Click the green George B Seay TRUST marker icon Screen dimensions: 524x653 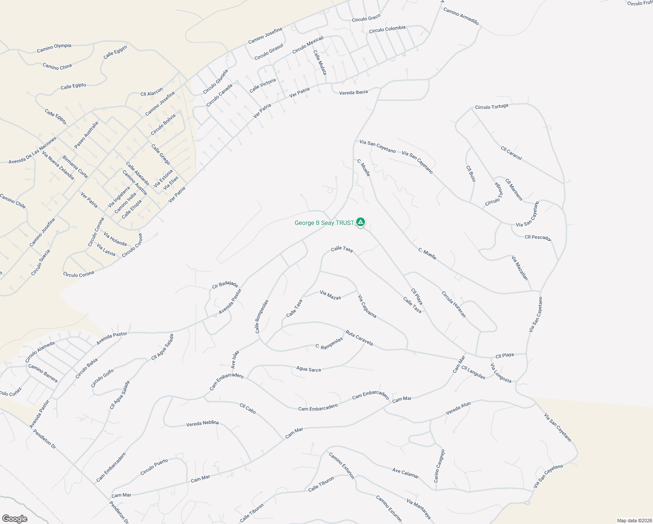click(x=360, y=223)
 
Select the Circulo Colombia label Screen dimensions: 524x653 click(x=387, y=29)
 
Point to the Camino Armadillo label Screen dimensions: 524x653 click(x=461, y=16)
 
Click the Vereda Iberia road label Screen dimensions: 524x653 click(x=354, y=92)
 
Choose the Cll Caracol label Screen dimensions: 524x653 click(x=511, y=153)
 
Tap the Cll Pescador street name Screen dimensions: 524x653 click(x=538, y=238)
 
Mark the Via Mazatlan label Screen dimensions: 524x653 click(x=520, y=268)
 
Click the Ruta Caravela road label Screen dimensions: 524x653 click(x=359, y=338)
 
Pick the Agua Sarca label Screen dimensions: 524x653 click(x=309, y=369)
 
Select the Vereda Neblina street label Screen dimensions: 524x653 click(x=203, y=423)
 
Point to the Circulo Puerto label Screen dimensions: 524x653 click(x=154, y=467)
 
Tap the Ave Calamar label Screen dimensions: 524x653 click(x=406, y=473)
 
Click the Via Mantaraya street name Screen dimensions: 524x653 click(x=419, y=509)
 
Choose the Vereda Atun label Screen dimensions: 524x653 click(x=458, y=408)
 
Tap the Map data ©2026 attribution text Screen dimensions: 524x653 click(x=633, y=521)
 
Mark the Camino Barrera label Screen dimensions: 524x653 click(x=43, y=373)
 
